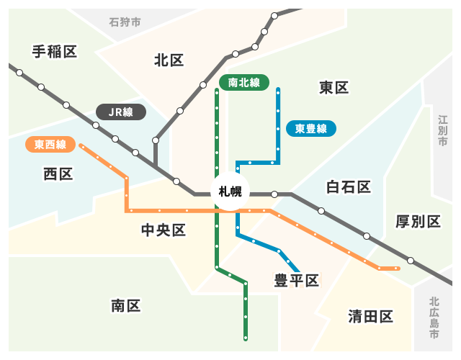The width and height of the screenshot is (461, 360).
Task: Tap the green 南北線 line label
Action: click(243, 83)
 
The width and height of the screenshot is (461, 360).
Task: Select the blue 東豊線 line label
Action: click(310, 129)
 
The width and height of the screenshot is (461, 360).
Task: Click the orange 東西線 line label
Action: click(50, 145)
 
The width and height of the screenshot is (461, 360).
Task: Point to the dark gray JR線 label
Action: click(120, 112)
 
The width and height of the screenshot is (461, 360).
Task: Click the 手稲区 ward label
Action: click(54, 51)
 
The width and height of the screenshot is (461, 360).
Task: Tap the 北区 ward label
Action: click(169, 60)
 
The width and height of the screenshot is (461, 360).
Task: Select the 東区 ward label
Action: click(334, 88)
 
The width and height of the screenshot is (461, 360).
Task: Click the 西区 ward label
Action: click(58, 174)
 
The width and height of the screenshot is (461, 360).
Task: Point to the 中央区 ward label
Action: click(164, 230)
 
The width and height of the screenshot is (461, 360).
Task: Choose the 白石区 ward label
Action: click(348, 188)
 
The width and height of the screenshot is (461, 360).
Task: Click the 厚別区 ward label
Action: click(418, 221)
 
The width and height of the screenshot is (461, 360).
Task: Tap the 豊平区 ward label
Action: click(296, 280)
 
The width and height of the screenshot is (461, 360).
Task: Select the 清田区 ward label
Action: click(370, 316)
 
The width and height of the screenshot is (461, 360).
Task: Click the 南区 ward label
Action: click(125, 305)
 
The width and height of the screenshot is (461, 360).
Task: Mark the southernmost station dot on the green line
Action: click(246, 337)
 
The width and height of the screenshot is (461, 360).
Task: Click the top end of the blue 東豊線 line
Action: click(278, 89)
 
